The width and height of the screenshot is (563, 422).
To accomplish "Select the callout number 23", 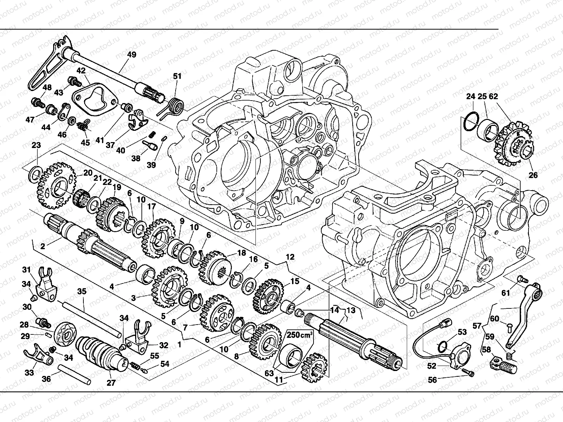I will [36, 145].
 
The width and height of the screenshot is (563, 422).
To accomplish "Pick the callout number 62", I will [493, 96].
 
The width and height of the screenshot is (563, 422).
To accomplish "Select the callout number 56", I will [432, 380].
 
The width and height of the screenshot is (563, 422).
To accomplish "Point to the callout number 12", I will [290, 257].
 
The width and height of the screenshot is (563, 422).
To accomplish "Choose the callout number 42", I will [81, 70].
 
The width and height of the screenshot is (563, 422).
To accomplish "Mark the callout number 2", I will [43, 246].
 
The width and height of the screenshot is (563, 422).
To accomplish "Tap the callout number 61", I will [506, 293].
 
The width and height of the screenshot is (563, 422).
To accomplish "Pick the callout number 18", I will [242, 252].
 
